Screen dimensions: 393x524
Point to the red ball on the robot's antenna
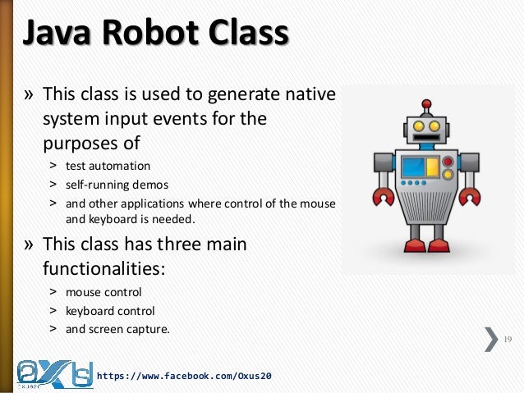pyautogui.click(x=425, y=104)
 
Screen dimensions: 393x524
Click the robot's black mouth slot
pyautogui.click(x=426, y=141)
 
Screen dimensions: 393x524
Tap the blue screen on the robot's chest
pyautogui.click(x=413, y=167)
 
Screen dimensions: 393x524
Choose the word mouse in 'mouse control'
pyautogui.click(x=81, y=292)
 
